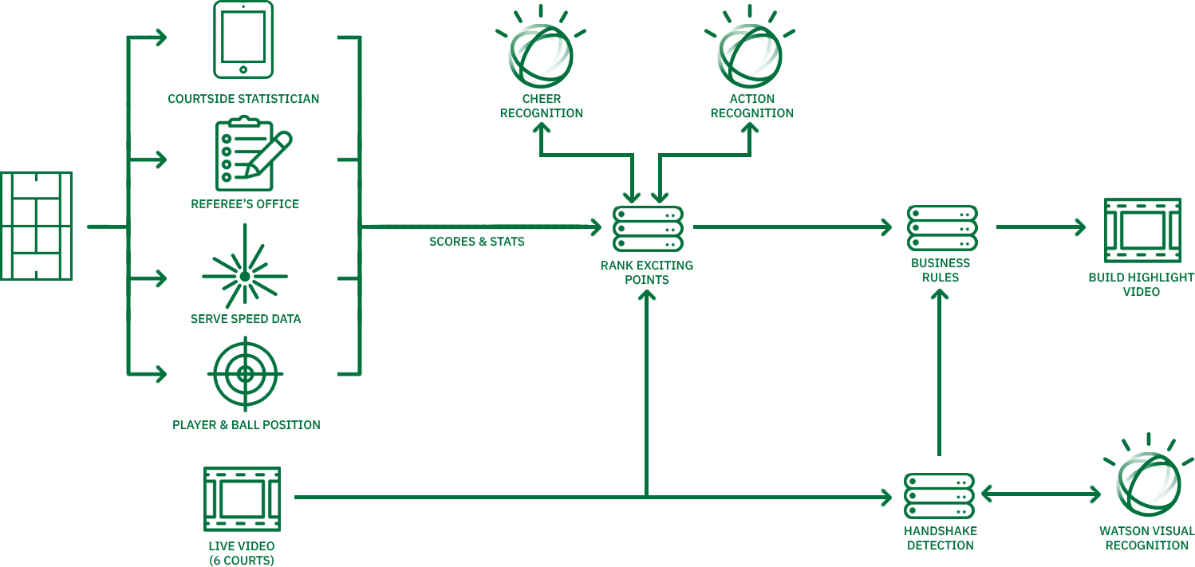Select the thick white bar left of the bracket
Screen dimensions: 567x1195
[208, 40]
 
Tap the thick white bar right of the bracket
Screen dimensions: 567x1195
[281, 40]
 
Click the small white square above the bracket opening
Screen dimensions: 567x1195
[250, 6]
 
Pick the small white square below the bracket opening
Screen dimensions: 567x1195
[251, 69]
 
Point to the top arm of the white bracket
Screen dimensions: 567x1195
[231, 6]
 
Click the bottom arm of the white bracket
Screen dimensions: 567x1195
[229, 69]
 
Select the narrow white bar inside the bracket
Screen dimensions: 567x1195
[227, 37]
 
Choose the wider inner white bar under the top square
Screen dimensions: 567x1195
[259, 37]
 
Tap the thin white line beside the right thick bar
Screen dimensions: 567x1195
[268, 40]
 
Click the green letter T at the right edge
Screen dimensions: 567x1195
[1191, 278]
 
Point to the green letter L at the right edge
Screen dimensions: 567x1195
[1191, 530]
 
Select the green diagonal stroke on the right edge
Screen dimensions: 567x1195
[1189, 463]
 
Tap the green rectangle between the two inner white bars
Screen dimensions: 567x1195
[243, 37]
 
